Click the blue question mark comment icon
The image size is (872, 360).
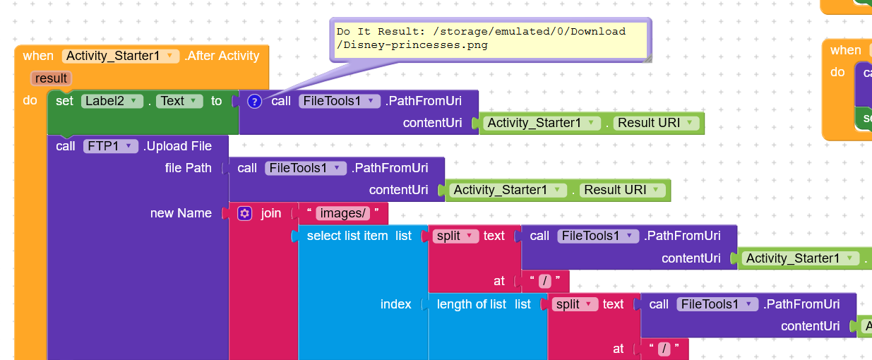pos(254,102)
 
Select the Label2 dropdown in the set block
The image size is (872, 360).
pos(112,101)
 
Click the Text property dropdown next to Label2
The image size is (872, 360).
pos(179,101)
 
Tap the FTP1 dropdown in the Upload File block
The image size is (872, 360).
pos(111,146)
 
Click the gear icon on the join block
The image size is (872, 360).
pos(244,213)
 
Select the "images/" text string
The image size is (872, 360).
pos(342,213)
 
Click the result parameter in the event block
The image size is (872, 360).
pos(51,78)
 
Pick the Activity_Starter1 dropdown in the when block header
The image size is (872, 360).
pos(120,56)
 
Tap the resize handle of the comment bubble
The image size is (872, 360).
pos(647,59)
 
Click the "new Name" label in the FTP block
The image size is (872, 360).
pos(181,213)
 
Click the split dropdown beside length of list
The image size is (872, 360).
pos(575,304)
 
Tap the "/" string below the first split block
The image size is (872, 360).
pos(545,281)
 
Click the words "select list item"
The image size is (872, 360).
pos(347,236)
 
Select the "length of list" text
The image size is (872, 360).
pos(472,304)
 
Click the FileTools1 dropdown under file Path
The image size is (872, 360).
pos(306,168)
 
